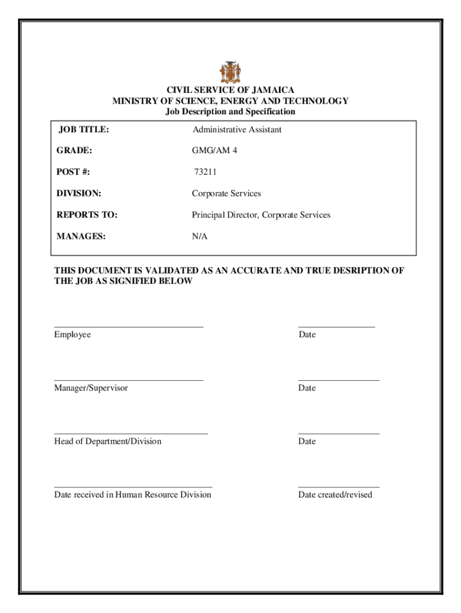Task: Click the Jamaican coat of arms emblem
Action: click(230, 72)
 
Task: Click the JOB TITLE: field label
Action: click(83, 130)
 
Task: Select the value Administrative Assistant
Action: click(237, 130)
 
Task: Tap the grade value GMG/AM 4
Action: click(214, 151)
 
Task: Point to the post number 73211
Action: click(205, 172)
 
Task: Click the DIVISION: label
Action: click(78, 194)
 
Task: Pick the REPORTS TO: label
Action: click(87, 215)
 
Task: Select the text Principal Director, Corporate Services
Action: click(261, 215)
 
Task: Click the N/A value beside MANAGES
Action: click(199, 236)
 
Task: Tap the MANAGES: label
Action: click(81, 236)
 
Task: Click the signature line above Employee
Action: click(129, 327)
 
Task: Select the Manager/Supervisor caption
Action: click(91, 388)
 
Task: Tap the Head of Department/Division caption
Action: click(108, 441)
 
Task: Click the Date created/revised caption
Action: click(335, 494)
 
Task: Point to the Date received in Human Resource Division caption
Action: click(133, 494)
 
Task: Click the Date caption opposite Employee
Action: click(307, 335)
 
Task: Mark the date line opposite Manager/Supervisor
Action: click(338, 380)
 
